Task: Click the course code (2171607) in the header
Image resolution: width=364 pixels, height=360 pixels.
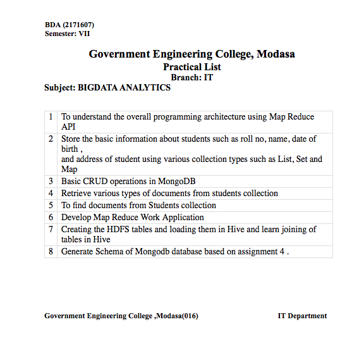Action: pos(79,25)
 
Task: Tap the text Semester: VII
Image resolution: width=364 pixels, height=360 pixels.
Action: pos(68,34)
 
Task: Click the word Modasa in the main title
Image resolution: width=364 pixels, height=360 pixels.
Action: pos(275,54)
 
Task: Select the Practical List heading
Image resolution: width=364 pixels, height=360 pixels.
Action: pos(191,67)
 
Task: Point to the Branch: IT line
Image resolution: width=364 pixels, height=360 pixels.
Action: pos(191,77)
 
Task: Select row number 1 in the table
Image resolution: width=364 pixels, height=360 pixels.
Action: pos(51,117)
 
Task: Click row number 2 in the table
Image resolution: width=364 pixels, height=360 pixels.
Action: pos(51,139)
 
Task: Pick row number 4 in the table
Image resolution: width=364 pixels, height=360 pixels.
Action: pos(51,193)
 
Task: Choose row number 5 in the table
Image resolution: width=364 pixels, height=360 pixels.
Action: pos(51,205)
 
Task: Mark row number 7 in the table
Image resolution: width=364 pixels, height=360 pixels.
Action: pos(51,229)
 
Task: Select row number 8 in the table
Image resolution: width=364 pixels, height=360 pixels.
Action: pos(51,251)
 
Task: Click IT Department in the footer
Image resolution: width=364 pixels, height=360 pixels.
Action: pos(302,316)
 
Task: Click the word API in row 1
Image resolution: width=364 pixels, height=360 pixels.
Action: pos(68,127)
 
